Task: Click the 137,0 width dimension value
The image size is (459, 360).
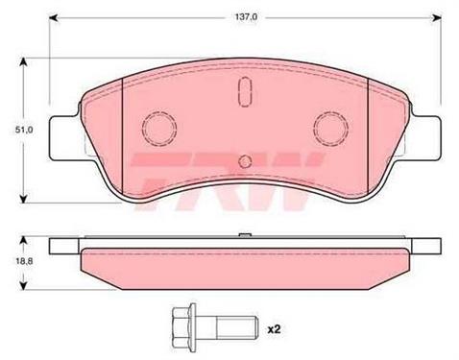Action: coord(246,17)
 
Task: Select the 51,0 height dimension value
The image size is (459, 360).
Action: coord(24,130)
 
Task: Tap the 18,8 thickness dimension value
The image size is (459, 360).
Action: coord(24,261)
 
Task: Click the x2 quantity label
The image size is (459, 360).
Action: coord(274,329)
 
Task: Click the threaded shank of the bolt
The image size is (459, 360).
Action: coord(237,328)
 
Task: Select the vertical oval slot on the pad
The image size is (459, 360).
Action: coord(245,91)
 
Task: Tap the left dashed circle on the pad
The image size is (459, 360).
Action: coord(159,129)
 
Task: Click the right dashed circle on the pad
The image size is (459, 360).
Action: coord(331,129)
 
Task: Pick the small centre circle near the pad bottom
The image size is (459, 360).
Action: coord(245,161)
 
